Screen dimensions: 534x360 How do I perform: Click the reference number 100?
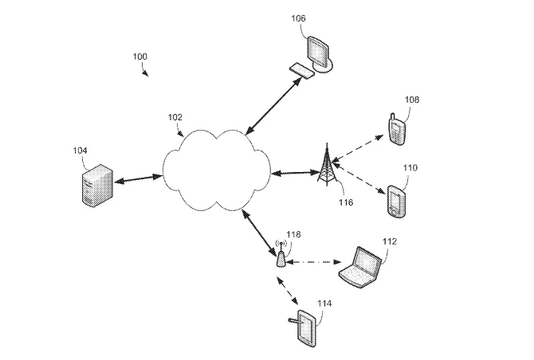139,56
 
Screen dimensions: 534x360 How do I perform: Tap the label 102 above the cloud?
175,117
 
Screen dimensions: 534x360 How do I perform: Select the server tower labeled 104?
98,186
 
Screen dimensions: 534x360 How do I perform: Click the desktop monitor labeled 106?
320,53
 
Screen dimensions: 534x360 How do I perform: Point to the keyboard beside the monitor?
302,70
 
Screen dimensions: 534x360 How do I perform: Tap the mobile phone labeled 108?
396,129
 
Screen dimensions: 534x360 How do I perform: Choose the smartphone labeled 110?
396,201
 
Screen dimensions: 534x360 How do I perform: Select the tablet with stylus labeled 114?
306,328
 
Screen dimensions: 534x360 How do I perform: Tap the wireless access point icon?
281,254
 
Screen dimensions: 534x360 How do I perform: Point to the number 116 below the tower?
346,202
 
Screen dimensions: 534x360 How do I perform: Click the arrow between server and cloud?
138,179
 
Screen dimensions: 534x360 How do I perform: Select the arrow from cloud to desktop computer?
273,106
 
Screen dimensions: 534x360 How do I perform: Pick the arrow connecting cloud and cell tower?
294,173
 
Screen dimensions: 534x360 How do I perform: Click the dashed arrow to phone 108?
357,148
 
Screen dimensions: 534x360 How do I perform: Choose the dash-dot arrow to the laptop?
313,262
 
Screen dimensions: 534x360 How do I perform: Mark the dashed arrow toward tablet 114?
288,291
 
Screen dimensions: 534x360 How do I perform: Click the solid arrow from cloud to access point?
259,233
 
